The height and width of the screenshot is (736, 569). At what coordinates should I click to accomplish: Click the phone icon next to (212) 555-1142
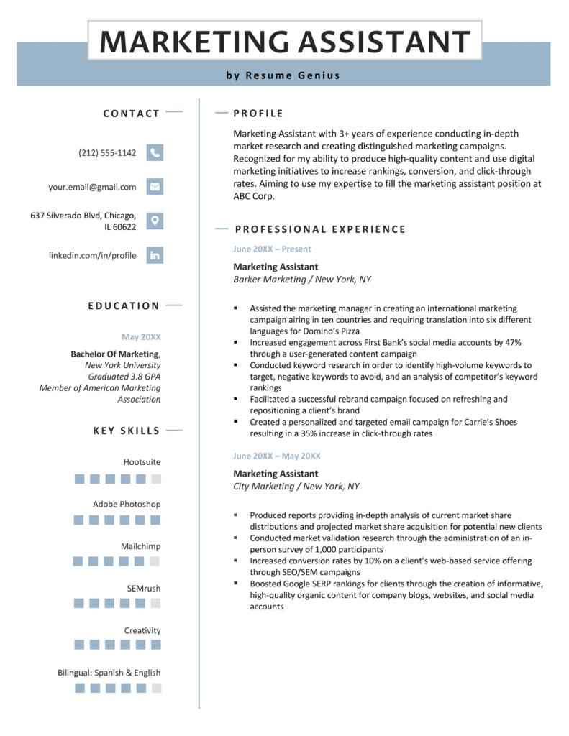(x=155, y=152)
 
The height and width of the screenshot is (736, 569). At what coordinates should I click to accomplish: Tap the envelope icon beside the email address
(x=155, y=187)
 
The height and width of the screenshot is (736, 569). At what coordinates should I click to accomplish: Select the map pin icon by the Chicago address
(x=155, y=221)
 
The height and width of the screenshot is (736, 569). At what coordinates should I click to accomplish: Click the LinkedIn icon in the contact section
(x=155, y=255)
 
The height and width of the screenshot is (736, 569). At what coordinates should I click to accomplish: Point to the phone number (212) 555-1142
(x=107, y=153)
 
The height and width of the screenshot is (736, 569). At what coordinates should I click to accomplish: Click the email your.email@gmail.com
(x=92, y=187)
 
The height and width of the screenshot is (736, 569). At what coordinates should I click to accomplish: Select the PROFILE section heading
(x=258, y=114)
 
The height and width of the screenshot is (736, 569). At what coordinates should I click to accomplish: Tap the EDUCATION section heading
(x=124, y=305)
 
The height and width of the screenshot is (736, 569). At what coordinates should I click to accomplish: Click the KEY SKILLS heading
(x=127, y=431)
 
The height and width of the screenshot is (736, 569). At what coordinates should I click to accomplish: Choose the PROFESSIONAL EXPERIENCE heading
(x=320, y=229)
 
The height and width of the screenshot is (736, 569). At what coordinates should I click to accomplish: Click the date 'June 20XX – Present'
(x=272, y=249)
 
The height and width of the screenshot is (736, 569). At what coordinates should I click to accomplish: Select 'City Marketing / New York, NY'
(x=296, y=487)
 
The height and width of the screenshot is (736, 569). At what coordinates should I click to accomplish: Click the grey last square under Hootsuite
(x=156, y=479)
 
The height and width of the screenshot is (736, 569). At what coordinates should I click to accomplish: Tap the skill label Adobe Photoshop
(x=127, y=504)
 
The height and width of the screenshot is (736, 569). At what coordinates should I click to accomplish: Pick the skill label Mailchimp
(x=141, y=546)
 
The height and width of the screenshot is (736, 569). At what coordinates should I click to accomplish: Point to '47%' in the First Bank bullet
(x=511, y=342)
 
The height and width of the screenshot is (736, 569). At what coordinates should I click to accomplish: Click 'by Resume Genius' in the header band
(x=283, y=75)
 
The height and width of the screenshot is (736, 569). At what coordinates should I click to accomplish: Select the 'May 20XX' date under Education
(x=141, y=336)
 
